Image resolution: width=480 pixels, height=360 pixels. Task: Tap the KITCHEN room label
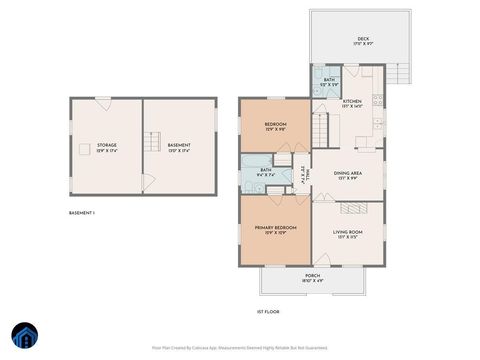(352, 102)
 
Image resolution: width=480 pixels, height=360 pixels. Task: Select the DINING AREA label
(348, 173)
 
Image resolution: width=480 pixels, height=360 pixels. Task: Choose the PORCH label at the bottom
(312, 276)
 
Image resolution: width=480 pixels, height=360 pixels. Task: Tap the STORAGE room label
(106, 146)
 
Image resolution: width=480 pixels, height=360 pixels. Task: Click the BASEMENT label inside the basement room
(179, 146)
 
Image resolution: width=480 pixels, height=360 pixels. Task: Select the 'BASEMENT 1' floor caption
(82, 213)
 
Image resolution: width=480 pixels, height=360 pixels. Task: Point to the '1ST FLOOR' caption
(266, 312)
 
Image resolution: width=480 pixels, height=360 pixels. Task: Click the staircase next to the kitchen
(321, 129)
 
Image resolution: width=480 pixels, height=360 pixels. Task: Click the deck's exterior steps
(400, 73)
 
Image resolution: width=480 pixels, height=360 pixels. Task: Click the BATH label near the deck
(329, 80)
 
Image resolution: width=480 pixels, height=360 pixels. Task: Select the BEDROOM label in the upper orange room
(275, 126)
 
